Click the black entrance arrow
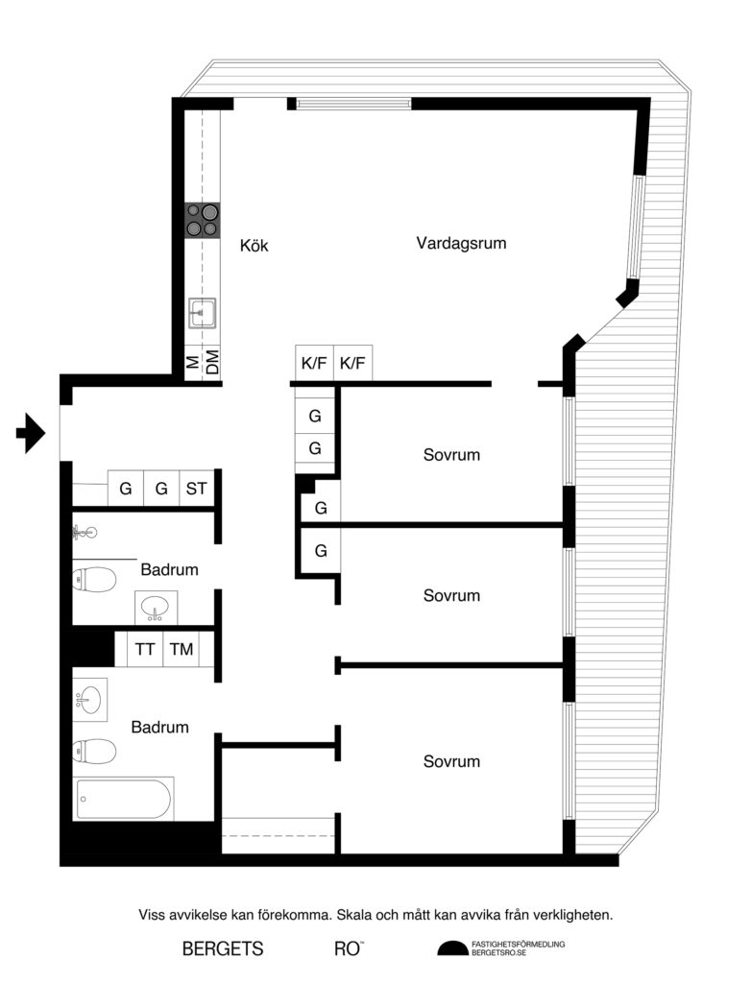click(x=31, y=433)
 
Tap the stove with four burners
click(x=203, y=220)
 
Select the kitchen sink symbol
click(x=203, y=313)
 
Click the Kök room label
click(x=254, y=246)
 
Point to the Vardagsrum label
click(x=461, y=243)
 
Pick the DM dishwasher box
click(x=212, y=363)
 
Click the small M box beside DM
click(x=193, y=363)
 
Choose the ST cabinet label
click(x=196, y=489)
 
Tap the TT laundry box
click(x=145, y=650)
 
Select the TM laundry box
click(x=182, y=650)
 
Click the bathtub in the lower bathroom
click(x=124, y=799)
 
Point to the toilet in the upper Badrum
click(x=94, y=579)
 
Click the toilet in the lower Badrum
click(x=94, y=749)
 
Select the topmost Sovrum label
click(x=451, y=454)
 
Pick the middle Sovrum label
click(x=451, y=595)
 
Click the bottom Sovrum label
click(x=451, y=761)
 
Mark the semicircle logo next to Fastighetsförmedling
click(x=452, y=948)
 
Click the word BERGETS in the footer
click(x=223, y=948)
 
